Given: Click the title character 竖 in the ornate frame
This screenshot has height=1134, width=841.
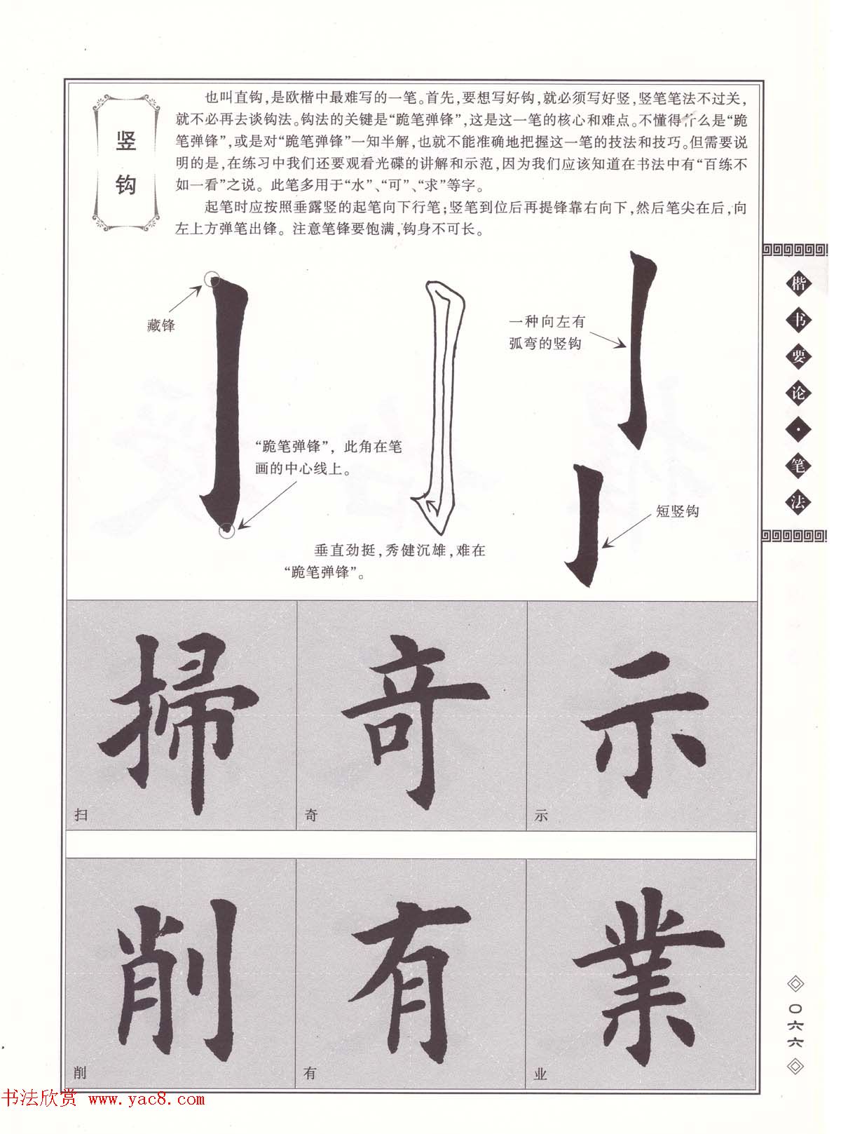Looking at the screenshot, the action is pyautogui.click(x=126, y=141).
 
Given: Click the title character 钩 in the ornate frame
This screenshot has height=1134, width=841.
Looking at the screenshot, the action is pyautogui.click(x=126, y=184).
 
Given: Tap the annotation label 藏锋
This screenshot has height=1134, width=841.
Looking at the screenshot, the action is pyautogui.click(x=161, y=325).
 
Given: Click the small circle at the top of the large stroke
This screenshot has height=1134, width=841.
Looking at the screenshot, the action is pyautogui.click(x=212, y=279).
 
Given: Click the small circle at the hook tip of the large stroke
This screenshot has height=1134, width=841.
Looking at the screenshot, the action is pyautogui.click(x=227, y=531).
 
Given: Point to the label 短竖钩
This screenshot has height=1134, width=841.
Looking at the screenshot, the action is pyautogui.click(x=677, y=511).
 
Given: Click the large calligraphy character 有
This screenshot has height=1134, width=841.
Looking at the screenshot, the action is pyautogui.click(x=410, y=980).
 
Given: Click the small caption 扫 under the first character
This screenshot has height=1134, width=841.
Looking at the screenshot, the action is pyautogui.click(x=81, y=814).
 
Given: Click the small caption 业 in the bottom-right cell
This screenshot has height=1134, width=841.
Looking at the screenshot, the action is pyautogui.click(x=540, y=1073).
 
